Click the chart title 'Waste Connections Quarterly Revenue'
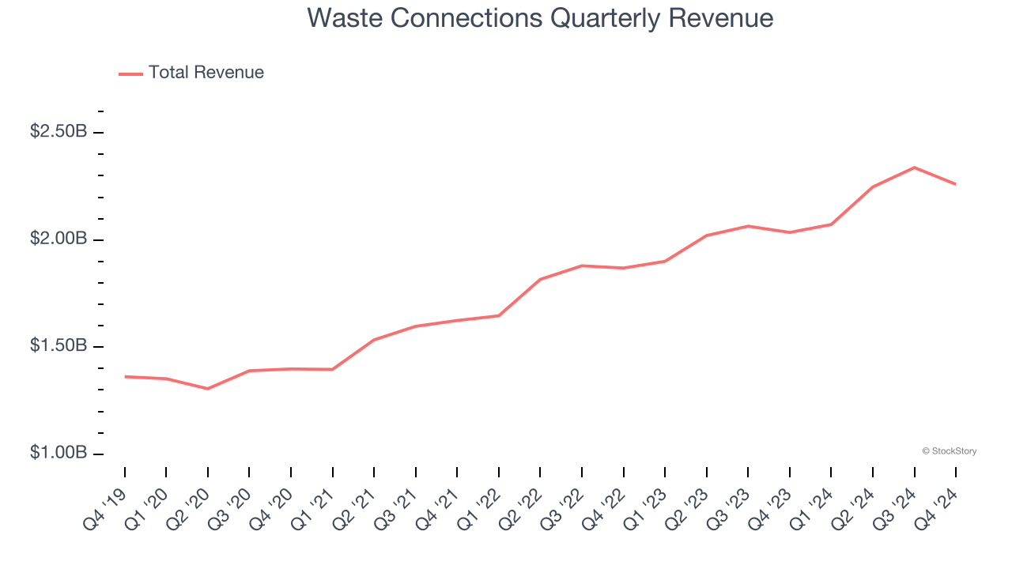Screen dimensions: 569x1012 [x=540, y=18]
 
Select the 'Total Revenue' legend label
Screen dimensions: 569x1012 [x=206, y=73]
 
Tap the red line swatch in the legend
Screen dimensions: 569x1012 [x=130, y=73]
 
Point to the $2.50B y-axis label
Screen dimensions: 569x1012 [x=59, y=132]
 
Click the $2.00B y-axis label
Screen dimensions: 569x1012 [x=59, y=239]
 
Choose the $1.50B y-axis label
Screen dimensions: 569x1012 [x=59, y=347]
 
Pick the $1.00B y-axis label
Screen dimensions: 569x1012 [x=59, y=454]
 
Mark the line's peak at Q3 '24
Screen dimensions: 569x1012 [x=915, y=168]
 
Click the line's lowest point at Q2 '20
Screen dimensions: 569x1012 [x=208, y=389]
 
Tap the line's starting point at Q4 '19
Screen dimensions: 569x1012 [x=125, y=377]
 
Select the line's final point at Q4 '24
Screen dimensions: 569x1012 [x=956, y=184]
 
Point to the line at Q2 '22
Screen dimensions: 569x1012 [x=540, y=279]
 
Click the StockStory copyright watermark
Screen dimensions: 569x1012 [x=949, y=451]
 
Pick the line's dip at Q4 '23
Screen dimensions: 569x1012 [x=790, y=232]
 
